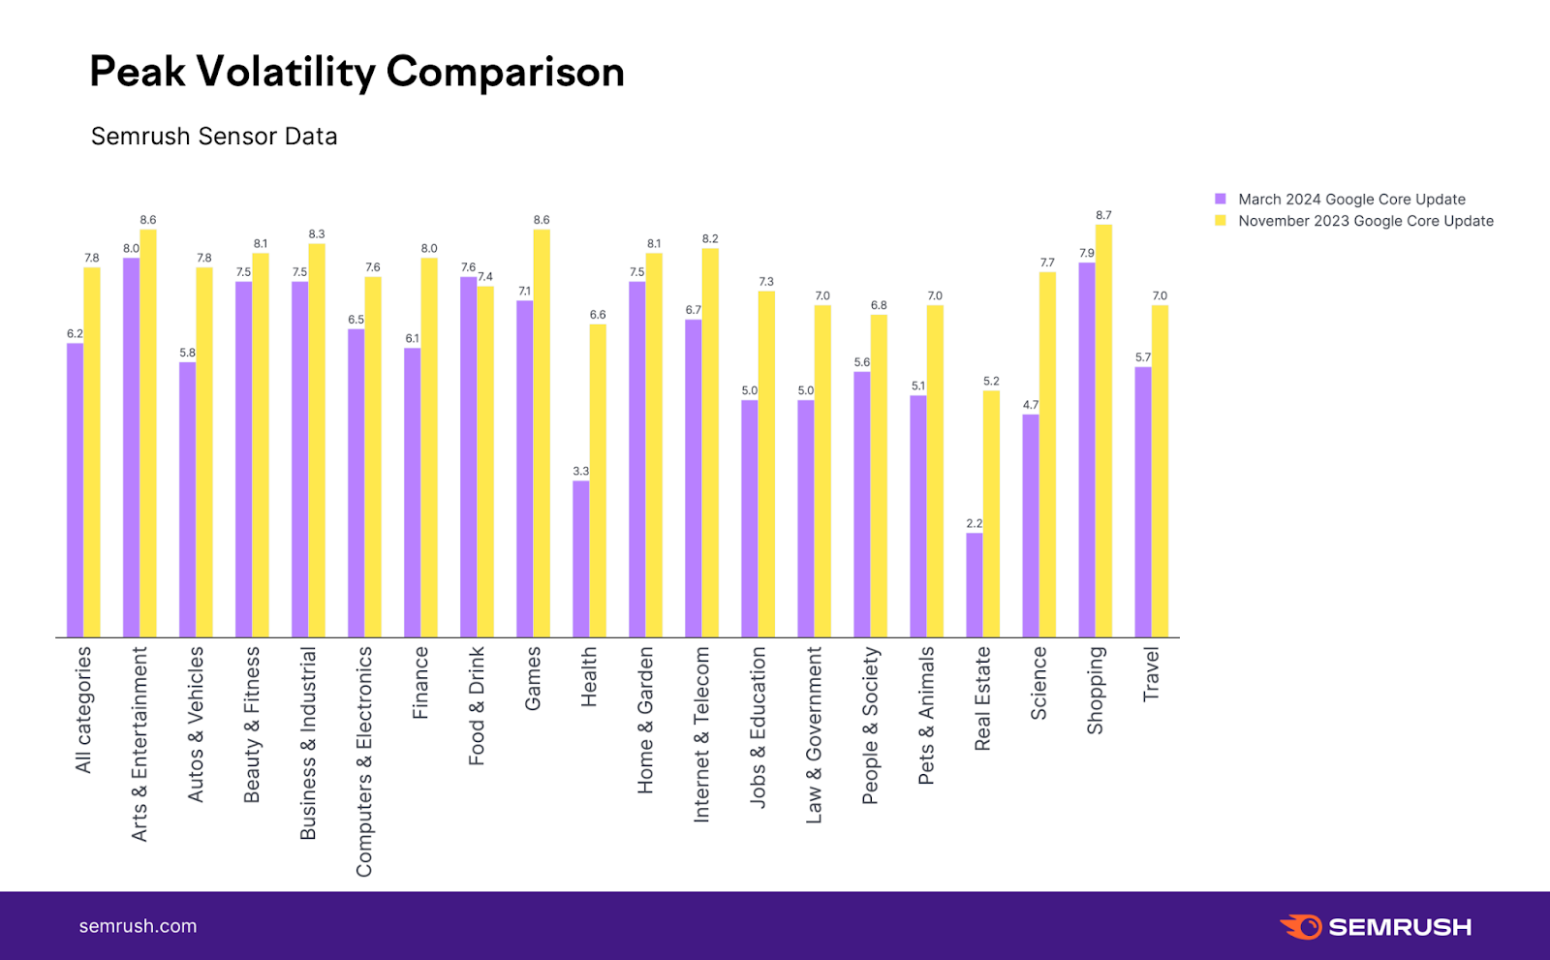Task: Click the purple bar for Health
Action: (580, 559)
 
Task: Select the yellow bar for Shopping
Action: (1103, 431)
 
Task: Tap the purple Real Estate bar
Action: (974, 585)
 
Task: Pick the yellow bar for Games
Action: (542, 433)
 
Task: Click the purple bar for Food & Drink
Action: (468, 457)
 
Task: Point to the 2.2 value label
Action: (974, 523)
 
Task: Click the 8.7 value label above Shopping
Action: (1103, 215)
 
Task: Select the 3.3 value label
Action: (580, 471)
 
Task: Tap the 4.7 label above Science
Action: (1030, 405)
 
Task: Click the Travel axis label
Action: (1151, 674)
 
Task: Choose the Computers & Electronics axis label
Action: (364, 761)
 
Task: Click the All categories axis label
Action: (83, 709)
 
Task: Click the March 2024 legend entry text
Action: (1351, 200)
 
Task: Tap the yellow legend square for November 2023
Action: (1221, 221)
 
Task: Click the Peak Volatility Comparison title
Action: (356, 72)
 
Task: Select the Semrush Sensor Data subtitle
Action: (214, 137)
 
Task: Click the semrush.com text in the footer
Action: (138, 926)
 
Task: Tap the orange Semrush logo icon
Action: (1301, 926)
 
